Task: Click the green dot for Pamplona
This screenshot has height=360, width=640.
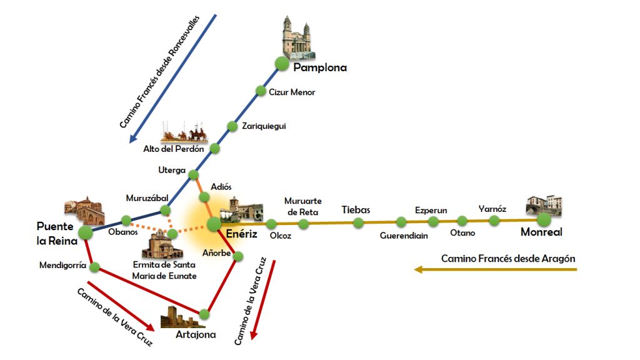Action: (281, 63)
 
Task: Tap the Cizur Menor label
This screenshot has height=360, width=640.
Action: (292, 92)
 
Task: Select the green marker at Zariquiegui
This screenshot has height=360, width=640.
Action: (232, 126)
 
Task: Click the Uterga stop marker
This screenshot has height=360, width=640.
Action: (194, 174)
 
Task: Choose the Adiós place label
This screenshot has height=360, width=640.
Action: (221, 187)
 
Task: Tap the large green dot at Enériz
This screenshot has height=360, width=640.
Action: (214, 223)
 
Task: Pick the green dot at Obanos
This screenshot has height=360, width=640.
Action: (126, 220)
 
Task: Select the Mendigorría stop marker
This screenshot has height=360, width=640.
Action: (94, 267)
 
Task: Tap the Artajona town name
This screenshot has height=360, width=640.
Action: (196, 334)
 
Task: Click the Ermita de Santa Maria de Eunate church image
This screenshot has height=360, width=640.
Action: (162, 246)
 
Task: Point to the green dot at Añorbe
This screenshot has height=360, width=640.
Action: (237, 255)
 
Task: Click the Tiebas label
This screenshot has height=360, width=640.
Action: (356, 209)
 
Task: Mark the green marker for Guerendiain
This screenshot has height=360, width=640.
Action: (401, 221)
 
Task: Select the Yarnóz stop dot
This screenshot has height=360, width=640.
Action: (494, 220)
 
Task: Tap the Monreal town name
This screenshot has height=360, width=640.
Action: (542, 232)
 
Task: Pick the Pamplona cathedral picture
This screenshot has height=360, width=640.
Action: (296, 37)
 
